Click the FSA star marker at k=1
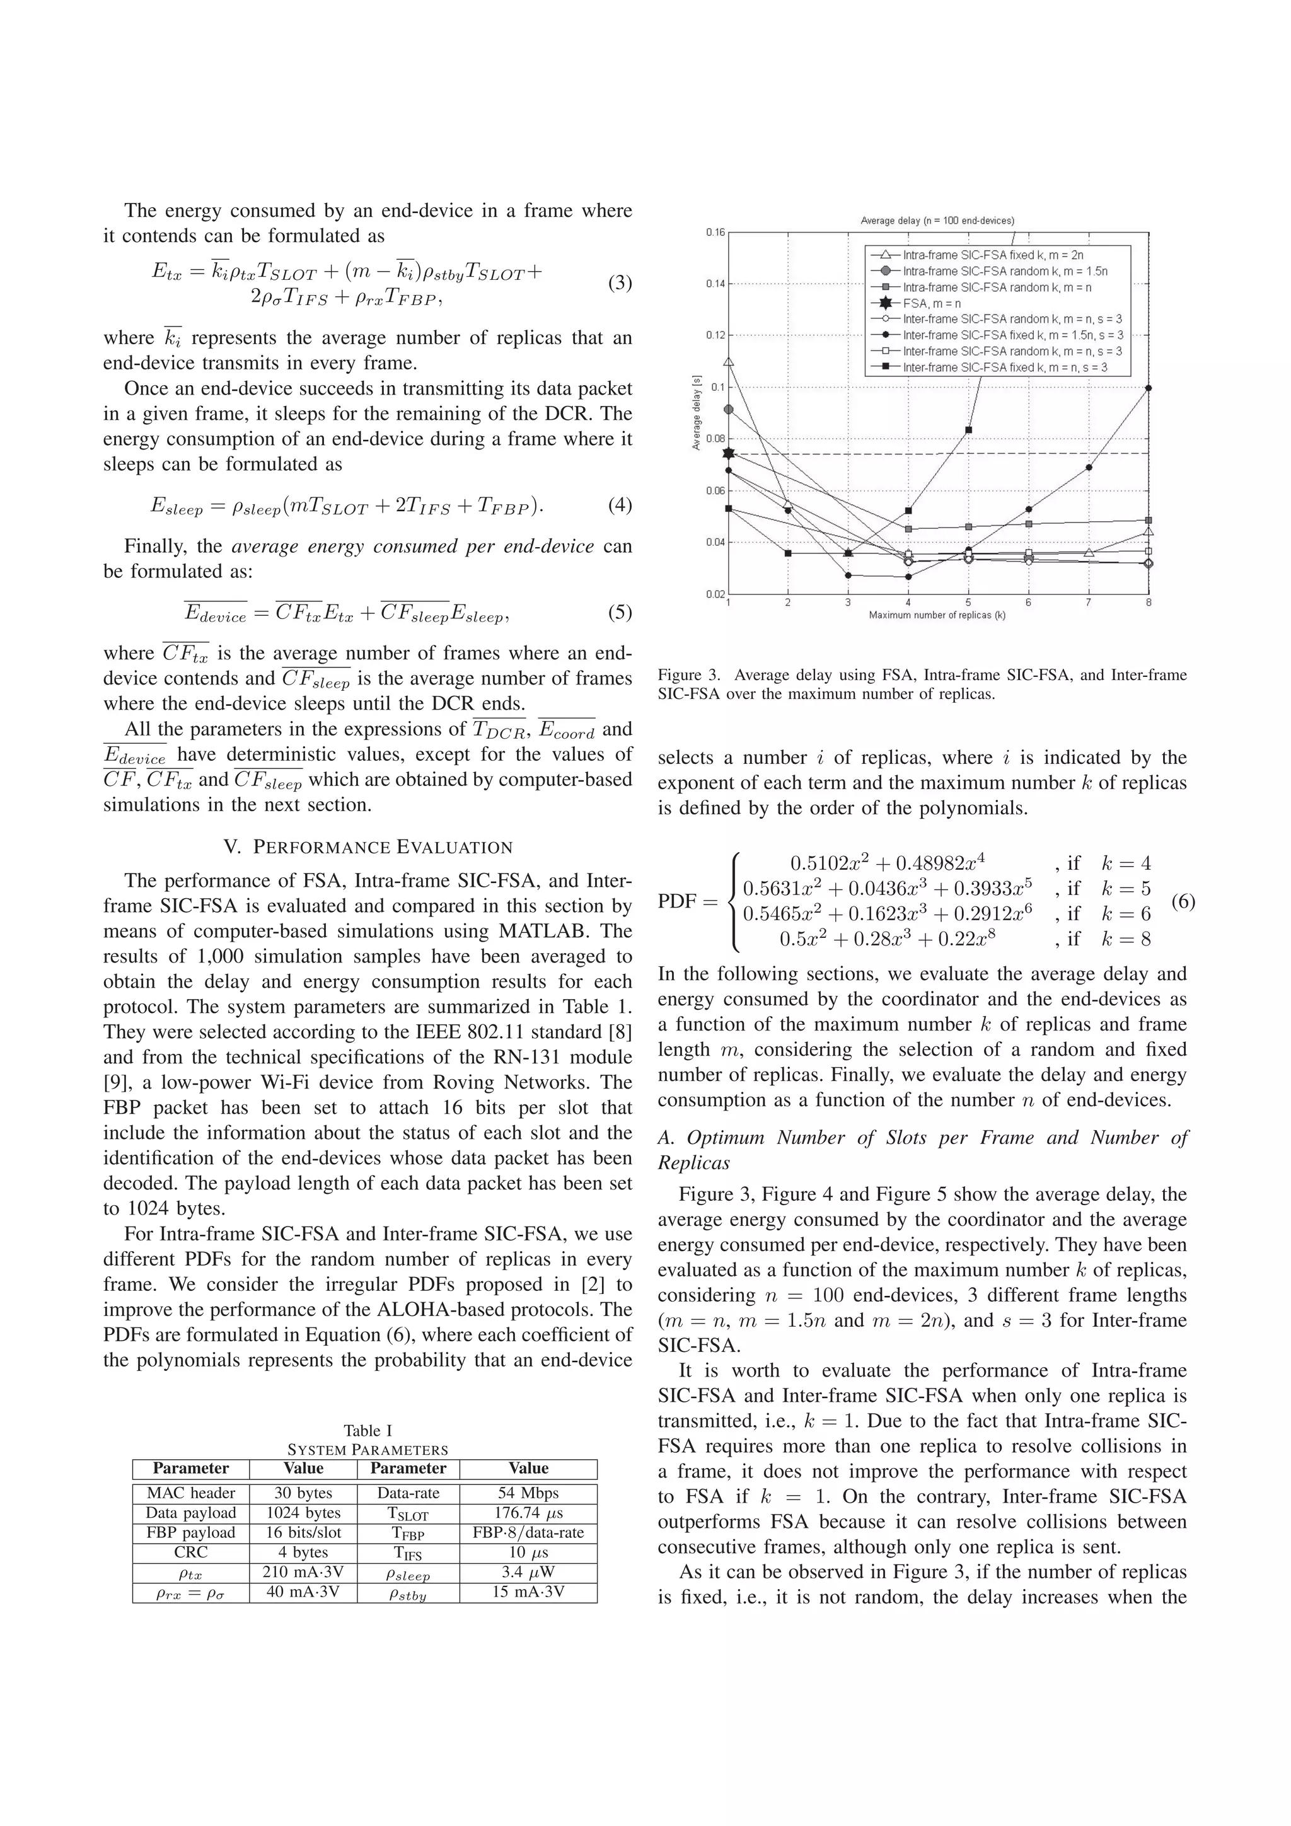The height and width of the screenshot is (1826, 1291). coord(729,453)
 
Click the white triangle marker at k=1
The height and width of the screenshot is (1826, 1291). coord(729,362)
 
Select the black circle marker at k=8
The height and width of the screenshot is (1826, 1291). coord(1148,388)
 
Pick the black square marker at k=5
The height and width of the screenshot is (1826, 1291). coord(968,430)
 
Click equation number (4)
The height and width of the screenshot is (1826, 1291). coord(620,505)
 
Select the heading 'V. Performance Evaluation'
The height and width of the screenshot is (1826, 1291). coord(368,847)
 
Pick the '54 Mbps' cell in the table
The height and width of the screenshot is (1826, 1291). coord(528,1493)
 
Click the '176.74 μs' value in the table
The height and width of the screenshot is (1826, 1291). coord(528,1513)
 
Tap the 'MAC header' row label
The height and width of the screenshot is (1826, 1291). coord(191,1493)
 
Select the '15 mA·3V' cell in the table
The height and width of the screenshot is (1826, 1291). coord(528,1592)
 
